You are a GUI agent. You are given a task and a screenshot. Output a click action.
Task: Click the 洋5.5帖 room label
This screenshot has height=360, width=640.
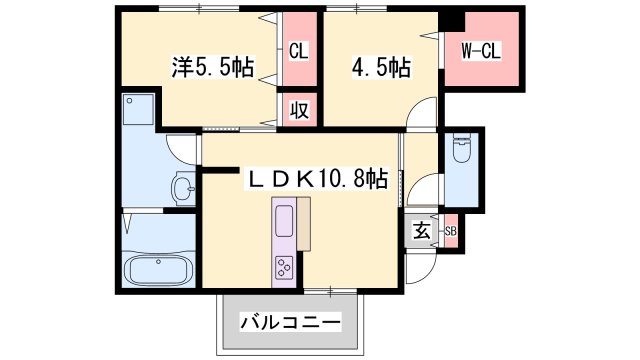pos(212,68)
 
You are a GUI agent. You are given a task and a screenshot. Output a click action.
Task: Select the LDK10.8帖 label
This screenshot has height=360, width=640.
pos(318,179)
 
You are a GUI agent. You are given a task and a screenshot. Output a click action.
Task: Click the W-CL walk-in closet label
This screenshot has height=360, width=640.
pos(480,50)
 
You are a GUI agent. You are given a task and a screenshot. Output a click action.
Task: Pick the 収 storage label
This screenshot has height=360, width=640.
pos(298,110)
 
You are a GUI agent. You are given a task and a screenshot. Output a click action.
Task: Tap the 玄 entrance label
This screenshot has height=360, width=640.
pos(421,231)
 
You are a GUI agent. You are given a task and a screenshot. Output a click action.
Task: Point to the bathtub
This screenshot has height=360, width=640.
pos(159,269)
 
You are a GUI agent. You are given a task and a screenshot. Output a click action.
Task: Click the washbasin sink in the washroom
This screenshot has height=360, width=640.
pos(183,187)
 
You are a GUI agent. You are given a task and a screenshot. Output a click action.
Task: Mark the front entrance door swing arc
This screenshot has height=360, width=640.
pos(422,262)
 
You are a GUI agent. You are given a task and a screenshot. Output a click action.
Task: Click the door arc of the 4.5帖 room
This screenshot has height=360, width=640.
pos(425,115)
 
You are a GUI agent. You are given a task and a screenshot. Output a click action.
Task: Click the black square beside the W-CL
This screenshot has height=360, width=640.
pos(452,20)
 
